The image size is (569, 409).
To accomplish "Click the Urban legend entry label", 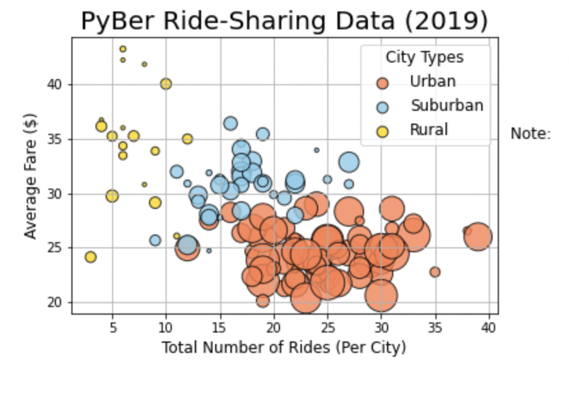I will (x=432, y=82).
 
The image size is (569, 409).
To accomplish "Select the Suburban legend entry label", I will (x=446, y=106).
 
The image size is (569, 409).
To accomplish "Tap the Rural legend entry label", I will (x=428, y=130).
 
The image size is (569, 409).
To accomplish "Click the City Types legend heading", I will (x=425, y=58).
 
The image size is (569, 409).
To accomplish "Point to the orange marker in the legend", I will (x=382, y=83).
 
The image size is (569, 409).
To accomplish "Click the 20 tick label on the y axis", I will (x=56, y=302).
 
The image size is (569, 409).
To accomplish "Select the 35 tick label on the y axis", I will (x=56, y=139).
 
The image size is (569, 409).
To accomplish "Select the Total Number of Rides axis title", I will (x=283, y=348).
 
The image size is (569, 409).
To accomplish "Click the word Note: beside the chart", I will (x=530, y=134).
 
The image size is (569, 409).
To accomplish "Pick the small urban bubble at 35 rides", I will (x=435, y=272).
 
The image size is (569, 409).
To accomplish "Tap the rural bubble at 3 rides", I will (x=90, y=257).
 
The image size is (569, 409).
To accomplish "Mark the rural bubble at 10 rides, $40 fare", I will (x=166, y=84).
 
